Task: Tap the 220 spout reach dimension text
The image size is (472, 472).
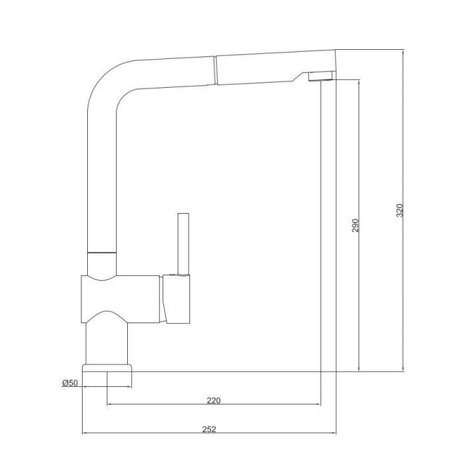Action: [214, 401]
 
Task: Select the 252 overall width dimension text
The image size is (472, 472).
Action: [208, 429]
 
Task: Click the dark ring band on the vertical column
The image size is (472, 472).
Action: [102, 252]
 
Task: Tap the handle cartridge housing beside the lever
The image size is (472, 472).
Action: [176, 298]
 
